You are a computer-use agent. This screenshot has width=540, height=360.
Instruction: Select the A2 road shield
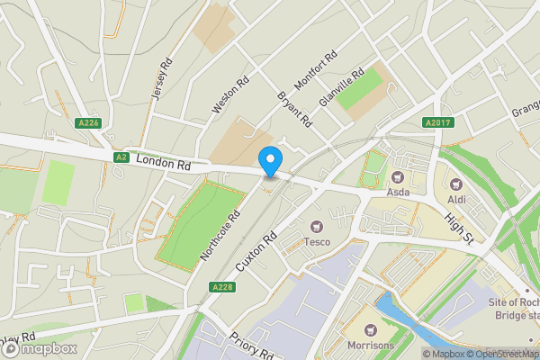(121, 157)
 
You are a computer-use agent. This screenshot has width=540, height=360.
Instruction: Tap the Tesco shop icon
(316, 226)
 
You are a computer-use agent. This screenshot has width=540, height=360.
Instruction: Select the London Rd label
(165, 163)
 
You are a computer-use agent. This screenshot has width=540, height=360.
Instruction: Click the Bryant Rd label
(294, 107)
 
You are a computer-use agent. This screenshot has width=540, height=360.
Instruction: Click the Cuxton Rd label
(256, 253)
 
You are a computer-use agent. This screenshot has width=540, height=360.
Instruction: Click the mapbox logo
(38, 347)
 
